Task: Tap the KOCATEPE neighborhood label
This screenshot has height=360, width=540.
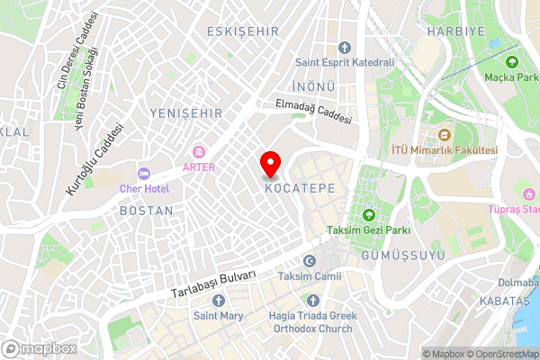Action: pyautogui.click(x=301, y=189)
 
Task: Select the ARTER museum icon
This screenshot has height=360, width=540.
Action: pyautogui.click(x=199, y=150)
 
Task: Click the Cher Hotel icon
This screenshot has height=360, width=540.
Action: pyautogui.click(x=143, y=173)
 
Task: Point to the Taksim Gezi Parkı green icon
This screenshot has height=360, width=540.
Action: pyautogui.click(x=368, y=214)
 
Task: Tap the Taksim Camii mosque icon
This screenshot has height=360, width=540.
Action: pyautogui.click(x=310, y=261)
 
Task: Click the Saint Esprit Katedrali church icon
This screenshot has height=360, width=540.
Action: pyautogui.click(x=344, y=48)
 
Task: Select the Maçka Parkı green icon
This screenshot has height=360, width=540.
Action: pyautogui.click(x=512, y=61)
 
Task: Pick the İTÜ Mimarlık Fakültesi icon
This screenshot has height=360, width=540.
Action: pyautogui.click(x=443, y=136)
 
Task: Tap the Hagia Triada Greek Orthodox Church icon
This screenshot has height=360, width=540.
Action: pyautogui.click(x=312, y=301)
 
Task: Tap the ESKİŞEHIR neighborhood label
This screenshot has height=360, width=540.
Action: pyautogui.click(x=243, y=31)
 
